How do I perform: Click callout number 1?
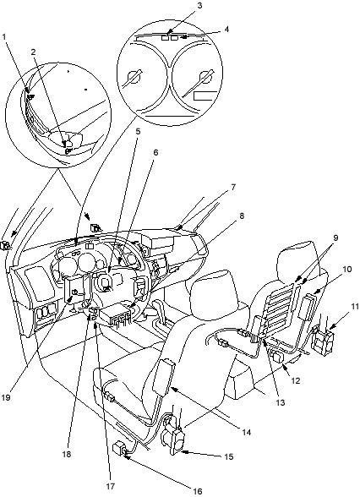pyautogui.click(x=4, y=37)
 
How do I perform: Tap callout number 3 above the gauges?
pyautogui.click(x=199, y=6)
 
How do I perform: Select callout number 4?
pyautogui.click(x=226, y=29)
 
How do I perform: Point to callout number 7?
pyautogui.click(x=233, y=188)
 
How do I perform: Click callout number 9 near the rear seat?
pyautogui.click(x=335, y=238)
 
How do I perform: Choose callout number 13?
pyautogui.click(x=281, y=403)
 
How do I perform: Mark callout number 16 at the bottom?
pyautogui.click(x=198, y=491)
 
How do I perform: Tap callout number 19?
pyautogui.click(x=6, y=397)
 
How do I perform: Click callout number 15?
pyautogui.click(x=229, y=456)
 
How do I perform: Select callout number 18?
pyautogui.click(x=67, y=454)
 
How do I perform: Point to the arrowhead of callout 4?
pyautogui.click(x=184, y=37)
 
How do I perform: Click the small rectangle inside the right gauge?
pyautogui.click(x=203, y=96)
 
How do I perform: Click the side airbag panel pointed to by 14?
pyautogui.click(x=164, y=378)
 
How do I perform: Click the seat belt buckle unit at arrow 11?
pyautogui.click(x=322, y=338)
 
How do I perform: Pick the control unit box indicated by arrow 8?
pyautogui.click(x=116, y=314)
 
